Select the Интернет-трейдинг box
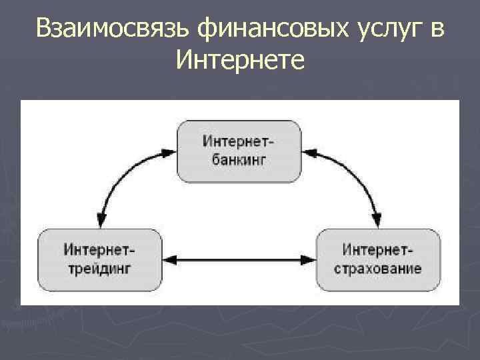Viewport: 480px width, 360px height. (x=100, y=259)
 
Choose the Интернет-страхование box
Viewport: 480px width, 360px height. (x=378, y=259)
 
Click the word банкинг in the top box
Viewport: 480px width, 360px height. (x=239, y=161)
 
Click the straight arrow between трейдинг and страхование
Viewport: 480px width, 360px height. (x=239, y=258)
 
